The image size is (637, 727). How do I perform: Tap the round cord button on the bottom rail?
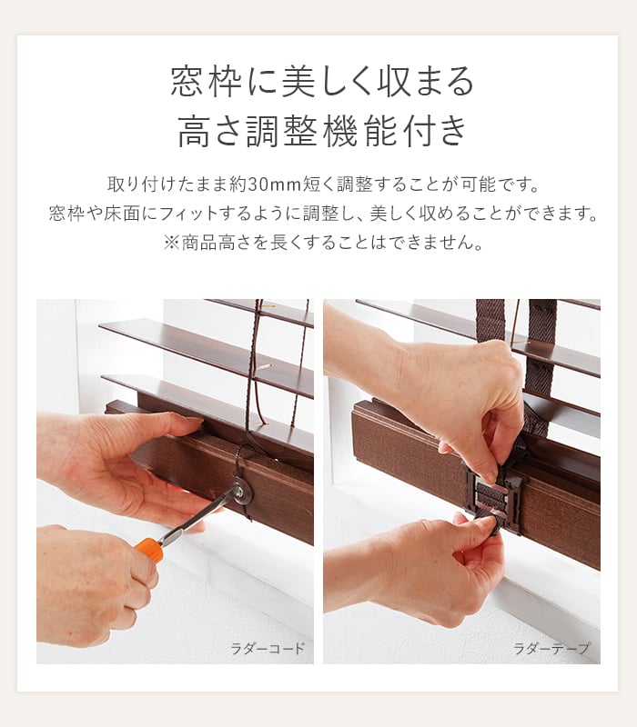click(x=240, y=491)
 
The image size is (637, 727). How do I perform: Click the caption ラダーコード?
click(x=268, y=648)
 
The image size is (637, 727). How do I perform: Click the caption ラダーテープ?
click(x=551, y=648)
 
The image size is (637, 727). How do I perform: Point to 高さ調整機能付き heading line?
click(x=322, y=131)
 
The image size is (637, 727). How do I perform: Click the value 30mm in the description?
click(x=275, y=184)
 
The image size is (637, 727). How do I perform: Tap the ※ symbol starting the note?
click(x=171, y=243)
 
